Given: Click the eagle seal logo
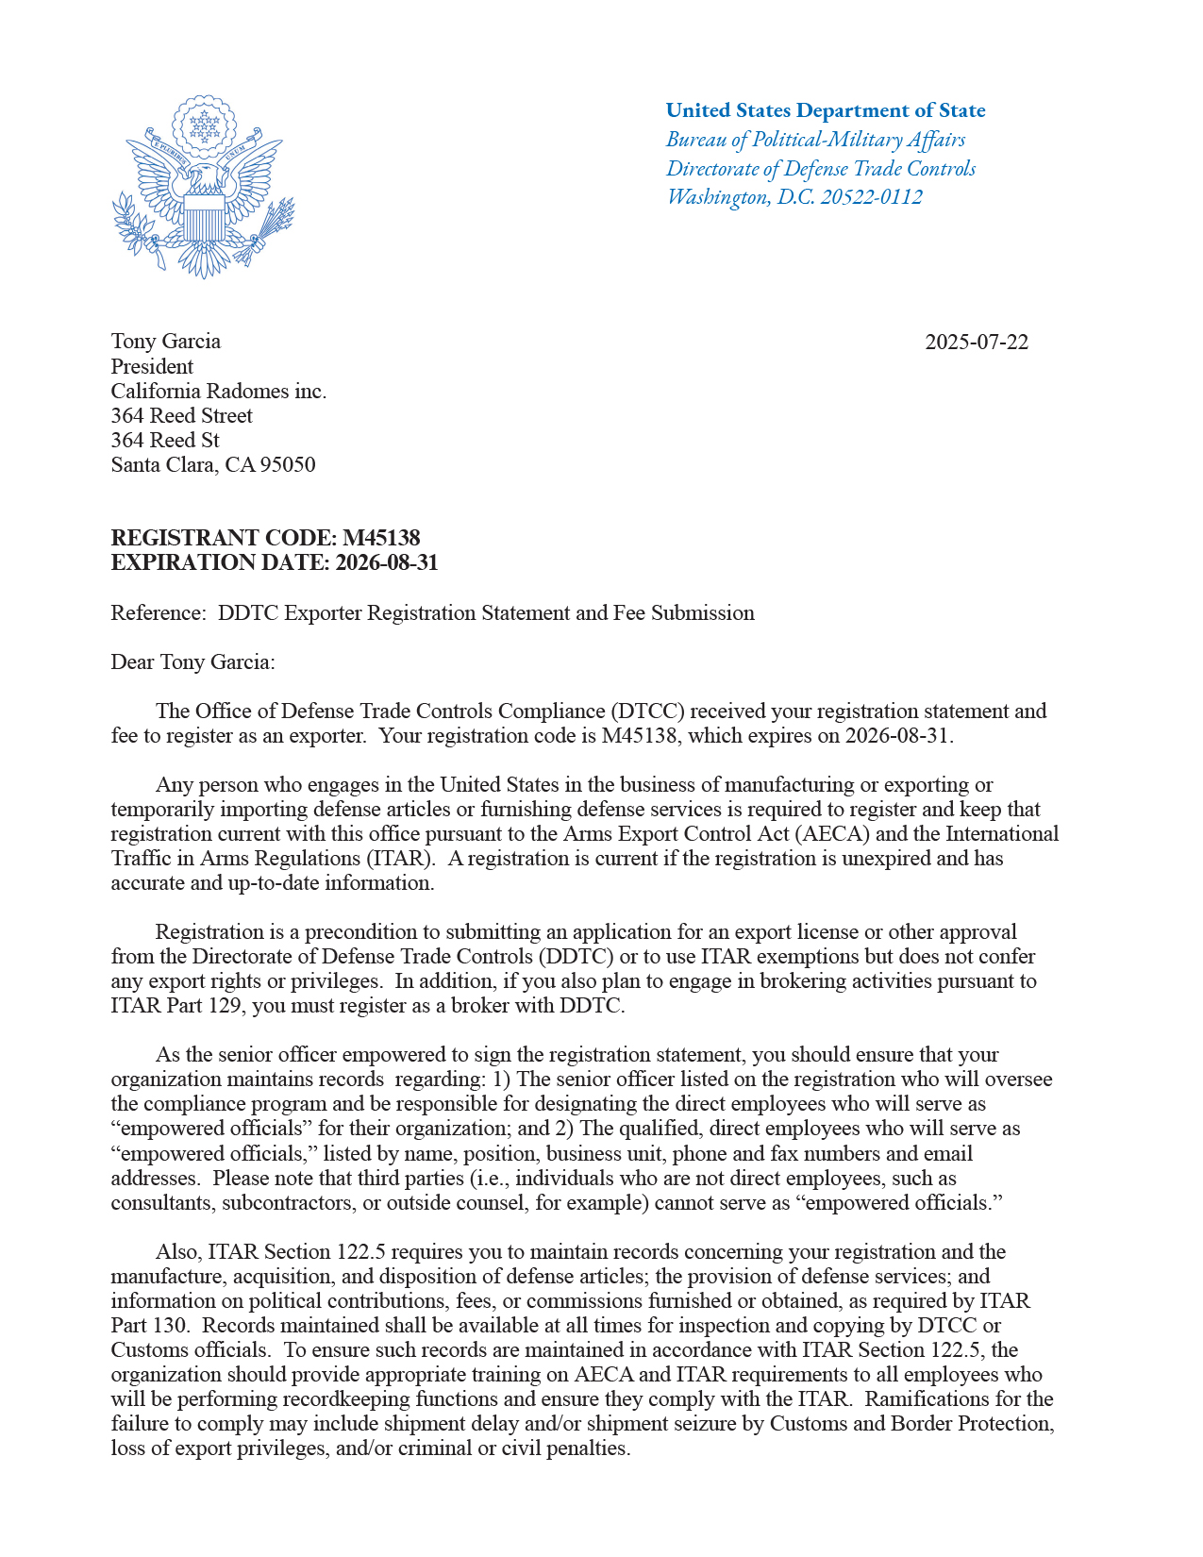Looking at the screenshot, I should pos(203,187).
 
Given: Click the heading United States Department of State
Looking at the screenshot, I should pos(826,110).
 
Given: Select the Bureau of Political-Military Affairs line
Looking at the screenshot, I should pos(815,140).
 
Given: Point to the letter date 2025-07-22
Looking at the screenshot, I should pos(977,342).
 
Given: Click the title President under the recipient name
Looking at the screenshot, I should pos(152,366).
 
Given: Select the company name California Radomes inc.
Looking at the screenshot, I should pos(219,391).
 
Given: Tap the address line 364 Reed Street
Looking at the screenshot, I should pos(182,415).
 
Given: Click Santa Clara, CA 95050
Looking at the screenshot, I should pos(213,464).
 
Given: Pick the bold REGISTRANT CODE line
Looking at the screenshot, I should pos(265,538).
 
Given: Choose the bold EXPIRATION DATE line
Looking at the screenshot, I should pos(275,562).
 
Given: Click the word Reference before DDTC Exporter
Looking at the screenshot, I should pos(157,612).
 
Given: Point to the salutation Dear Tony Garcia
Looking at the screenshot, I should pos(192,661).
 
